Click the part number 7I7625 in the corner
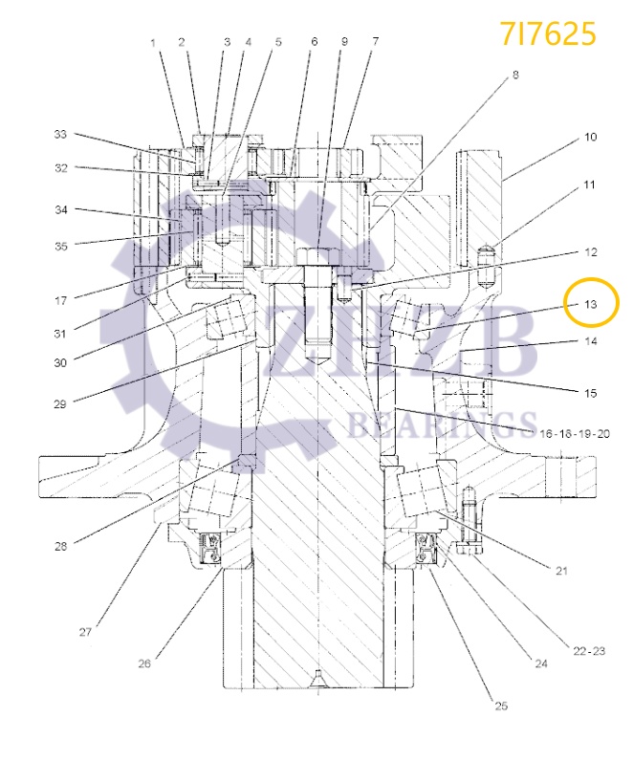(548, 33)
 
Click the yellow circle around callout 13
(591, 305)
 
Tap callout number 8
(515, 74)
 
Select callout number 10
(590, 138)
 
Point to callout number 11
(590, 184)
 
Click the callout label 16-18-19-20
(574, 433)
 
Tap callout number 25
(501, 707)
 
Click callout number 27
(85, 632)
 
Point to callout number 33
(61, 135)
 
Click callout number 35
(61, 246)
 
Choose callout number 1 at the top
(152, 42)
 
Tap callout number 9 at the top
(344, 42)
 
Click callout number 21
(561, 571)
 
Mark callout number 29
(61, 402)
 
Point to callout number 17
(61, 300)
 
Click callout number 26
(144, 663)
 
